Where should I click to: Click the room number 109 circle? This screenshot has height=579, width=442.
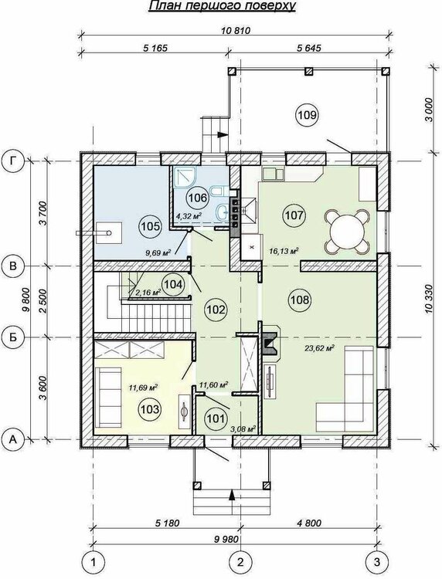click(x=306, y=115)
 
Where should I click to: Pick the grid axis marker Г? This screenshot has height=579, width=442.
click(x=12, y=161)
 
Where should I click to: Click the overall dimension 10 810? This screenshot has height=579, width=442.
click(x=236, y=31)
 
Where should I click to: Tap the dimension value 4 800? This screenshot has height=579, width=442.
click(x=308, y=523)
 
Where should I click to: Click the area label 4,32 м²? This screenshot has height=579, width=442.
click(x=189, y=215)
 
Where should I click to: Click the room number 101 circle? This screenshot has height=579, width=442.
click(x=216, y=418)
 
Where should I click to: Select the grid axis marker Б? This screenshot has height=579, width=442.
click(x=12, y=337)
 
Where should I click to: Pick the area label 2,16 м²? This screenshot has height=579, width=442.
click(x=148, y=293)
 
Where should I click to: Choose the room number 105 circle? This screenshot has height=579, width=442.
click(x=150, y=226)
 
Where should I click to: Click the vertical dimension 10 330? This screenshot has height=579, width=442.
click(x=430, y=299)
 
